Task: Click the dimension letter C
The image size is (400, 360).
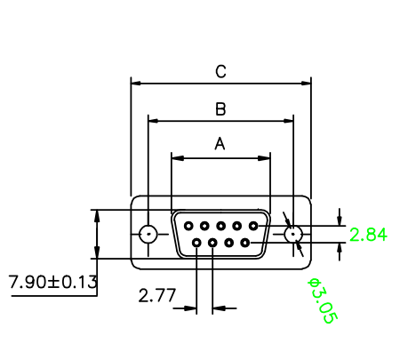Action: [x=220, y=72]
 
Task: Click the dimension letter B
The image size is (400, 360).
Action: [x=220, y=109]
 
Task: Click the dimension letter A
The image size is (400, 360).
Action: [x=220, y=144]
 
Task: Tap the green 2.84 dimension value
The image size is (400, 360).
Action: [x=368, y=235]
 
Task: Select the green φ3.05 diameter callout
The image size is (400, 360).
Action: [x=323, y=300]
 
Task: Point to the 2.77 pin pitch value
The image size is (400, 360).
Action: [x=157, y=295]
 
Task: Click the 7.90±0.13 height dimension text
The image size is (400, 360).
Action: [x=52, y=282]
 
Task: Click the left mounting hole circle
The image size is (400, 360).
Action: [x=148, y=234]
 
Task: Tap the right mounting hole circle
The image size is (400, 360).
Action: [x=293, y=234]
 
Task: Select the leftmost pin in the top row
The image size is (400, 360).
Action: [x=188, y=226]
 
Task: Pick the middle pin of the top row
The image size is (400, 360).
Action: [x=220, y=226]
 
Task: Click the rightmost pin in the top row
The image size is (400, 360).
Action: [x=253, y=226]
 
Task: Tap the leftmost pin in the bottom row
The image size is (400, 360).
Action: [x=196, y=243]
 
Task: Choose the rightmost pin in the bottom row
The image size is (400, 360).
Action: [x=245, y=243]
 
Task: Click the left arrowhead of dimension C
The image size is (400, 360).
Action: [x=136, y=84]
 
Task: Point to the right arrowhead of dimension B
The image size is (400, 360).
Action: [x=288, y=121]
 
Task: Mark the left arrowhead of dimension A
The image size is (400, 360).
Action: [x=177, y=158]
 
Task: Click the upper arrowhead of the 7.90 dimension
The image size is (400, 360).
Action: [x=97, y=216]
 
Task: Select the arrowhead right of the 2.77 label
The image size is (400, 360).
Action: [x=219, y=308]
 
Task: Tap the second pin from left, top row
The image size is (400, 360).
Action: [x=204, y=226]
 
